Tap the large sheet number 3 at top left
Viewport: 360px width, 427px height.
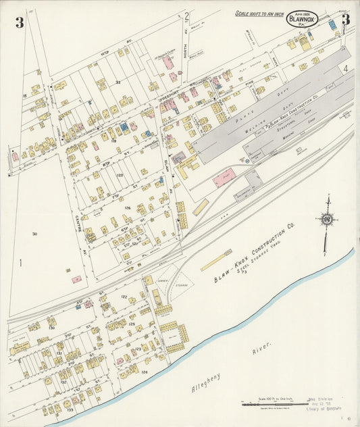click(x=20, y=23)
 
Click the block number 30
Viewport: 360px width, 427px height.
click(x=34, y=234)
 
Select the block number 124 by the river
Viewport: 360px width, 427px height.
click(x=144, y=372)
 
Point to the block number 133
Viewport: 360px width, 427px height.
click(x=70, y=409)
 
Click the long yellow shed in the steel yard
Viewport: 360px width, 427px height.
click(x=216, y=260)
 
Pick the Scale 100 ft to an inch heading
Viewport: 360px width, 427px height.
click(x=259, y=13)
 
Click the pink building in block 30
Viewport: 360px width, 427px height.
click(x=76, y=278)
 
